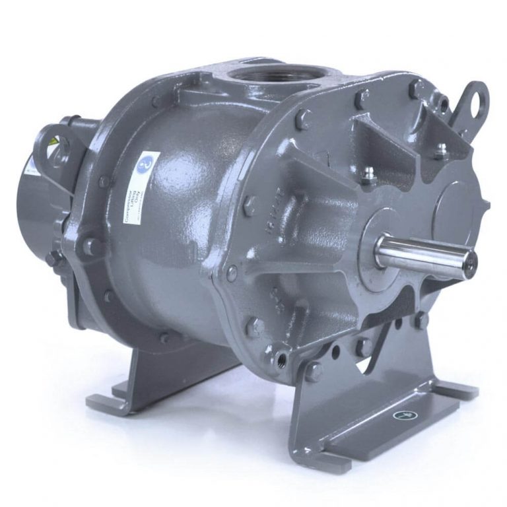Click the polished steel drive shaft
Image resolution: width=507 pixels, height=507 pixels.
click(x=422, y=252)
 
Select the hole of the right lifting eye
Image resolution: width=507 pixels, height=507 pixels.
click(x=472, y=95)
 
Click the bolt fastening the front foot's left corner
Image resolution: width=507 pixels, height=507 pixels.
click(x=315, y=370)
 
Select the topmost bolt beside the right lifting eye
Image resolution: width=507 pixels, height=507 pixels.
click(x=414, y=85)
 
